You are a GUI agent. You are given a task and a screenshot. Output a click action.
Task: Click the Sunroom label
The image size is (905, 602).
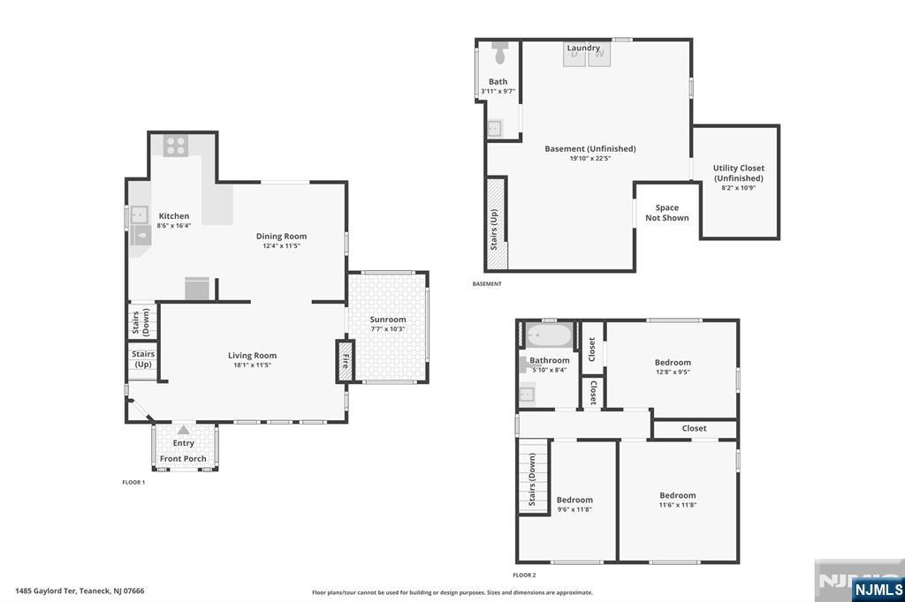[388, 320]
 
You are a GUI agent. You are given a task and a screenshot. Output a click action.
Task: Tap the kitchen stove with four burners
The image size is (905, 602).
[175, 145]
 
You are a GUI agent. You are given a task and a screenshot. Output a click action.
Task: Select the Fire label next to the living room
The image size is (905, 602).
[345, 361]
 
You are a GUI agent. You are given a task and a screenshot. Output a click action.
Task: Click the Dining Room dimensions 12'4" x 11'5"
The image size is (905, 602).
[281, 246]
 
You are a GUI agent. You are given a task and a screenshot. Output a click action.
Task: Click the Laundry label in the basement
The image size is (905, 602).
[583, 48]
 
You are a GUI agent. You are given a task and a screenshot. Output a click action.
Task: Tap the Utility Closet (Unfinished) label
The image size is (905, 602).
[739, 173]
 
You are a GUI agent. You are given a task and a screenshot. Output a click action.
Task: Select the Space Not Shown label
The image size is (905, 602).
[667, 213]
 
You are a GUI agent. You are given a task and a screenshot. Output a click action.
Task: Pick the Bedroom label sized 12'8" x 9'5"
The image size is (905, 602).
[673, 362]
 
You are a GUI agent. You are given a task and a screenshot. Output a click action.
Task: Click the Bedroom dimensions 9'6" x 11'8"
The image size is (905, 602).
[574, 509]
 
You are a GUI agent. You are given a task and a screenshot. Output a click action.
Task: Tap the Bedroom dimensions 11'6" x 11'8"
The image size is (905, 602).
[678, 505]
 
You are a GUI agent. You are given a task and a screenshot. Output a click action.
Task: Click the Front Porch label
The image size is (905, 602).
[183, 459]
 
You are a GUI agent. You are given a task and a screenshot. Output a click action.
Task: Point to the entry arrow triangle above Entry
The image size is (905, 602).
[183, 430]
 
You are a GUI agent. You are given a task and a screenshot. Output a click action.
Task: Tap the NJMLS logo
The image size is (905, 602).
[878, 589]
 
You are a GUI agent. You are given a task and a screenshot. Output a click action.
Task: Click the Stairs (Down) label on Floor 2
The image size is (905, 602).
[533, 481]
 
